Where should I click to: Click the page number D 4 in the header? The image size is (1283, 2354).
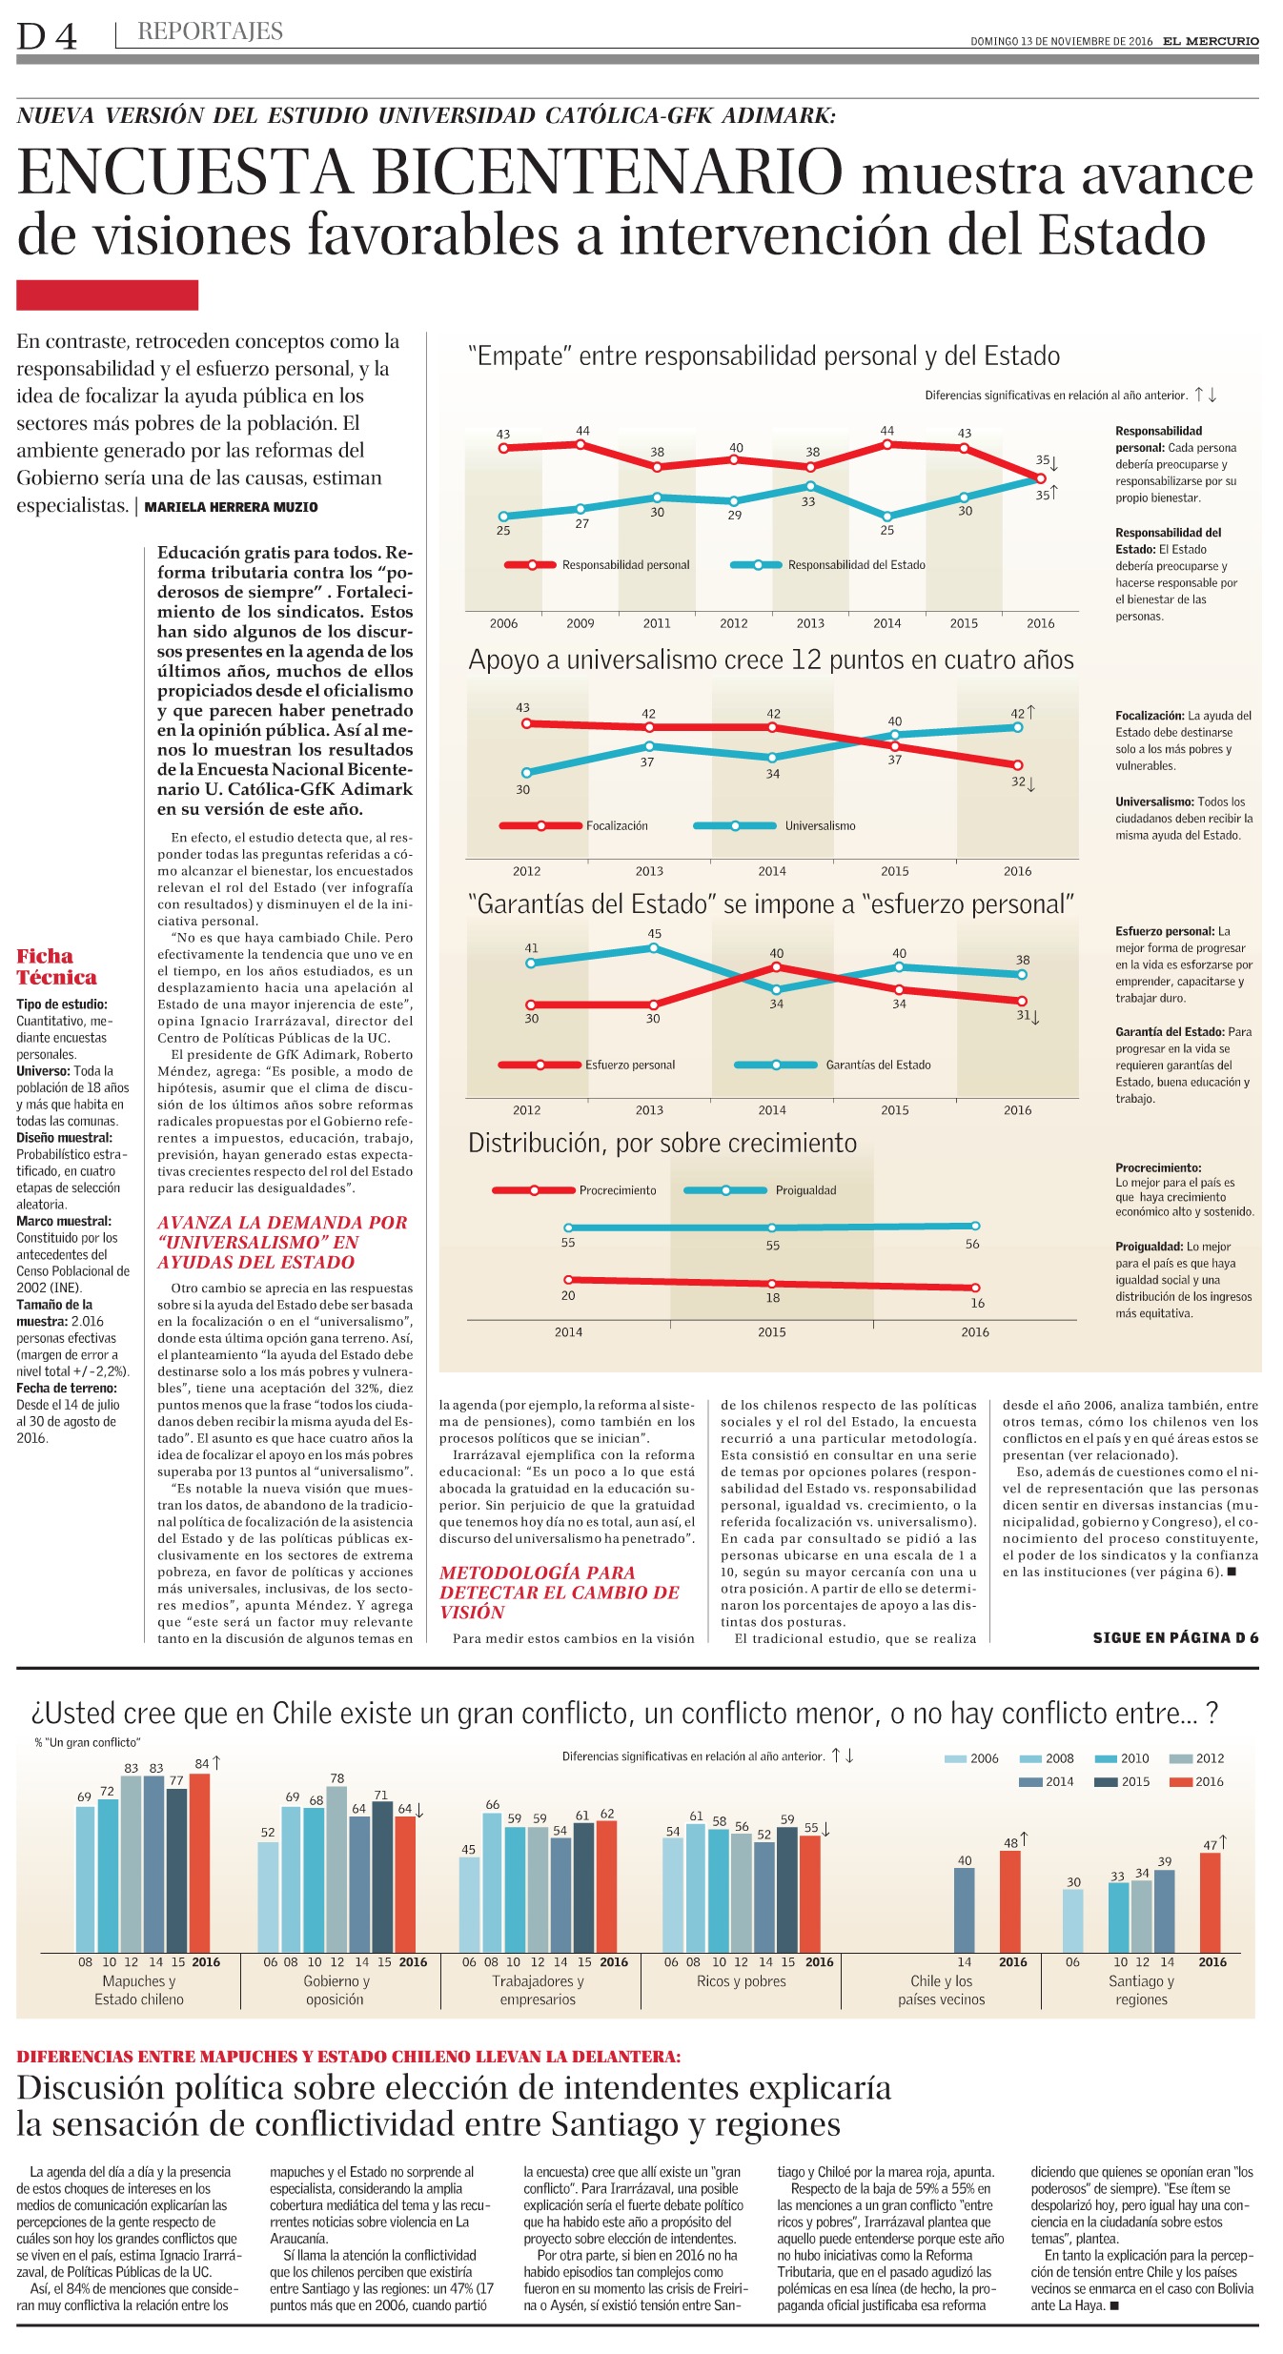[x=47, y=36]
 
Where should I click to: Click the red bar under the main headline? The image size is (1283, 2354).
[x=107, y=294]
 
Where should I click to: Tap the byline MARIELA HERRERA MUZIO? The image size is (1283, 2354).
[x=232, y=507]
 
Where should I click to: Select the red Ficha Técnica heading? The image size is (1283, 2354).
[x=56, y=966]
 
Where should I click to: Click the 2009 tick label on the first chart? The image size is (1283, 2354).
[x=580, y=623]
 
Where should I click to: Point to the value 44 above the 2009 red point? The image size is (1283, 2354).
[x=582, y=431]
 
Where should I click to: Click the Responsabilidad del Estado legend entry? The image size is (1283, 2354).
[x=828, y=565]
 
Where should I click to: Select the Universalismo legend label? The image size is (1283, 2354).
[x=820, y=825]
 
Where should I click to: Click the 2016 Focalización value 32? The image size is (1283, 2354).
[x=1018, y=781]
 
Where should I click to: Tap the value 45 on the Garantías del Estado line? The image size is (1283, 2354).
[x=654, y=933]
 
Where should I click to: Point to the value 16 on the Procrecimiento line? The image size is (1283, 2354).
[x=978, y=1303]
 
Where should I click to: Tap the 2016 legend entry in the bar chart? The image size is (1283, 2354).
[x=1197, y=1781]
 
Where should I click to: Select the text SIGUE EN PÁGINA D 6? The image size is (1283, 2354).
[x=1175, y=1637]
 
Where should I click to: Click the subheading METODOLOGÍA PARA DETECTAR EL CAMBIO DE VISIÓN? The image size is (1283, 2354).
[x=560, y=1592]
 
